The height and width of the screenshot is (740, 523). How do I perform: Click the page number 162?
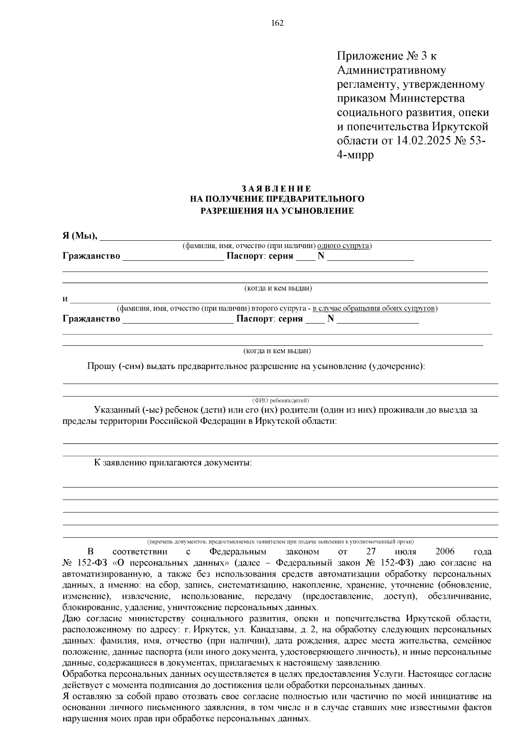coord(277,23)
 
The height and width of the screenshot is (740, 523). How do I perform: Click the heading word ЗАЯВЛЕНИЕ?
coord(277,188)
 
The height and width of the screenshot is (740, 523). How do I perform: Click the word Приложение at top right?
coord(370,56)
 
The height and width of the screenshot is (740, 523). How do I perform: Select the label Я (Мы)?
coord(80,236)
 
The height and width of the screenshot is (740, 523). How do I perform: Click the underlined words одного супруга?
coord(344,246)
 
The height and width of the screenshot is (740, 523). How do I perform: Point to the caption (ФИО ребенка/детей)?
coord(280,400)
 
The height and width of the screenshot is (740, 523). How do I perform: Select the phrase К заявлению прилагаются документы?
coord(173,462)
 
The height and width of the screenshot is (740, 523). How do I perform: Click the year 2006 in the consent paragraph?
coord(445,552)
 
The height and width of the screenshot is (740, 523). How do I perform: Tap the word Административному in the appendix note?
coord(391,70)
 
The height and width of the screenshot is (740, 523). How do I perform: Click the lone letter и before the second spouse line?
coord(65,299)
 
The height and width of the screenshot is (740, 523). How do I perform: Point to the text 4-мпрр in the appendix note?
coord(356,155)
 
